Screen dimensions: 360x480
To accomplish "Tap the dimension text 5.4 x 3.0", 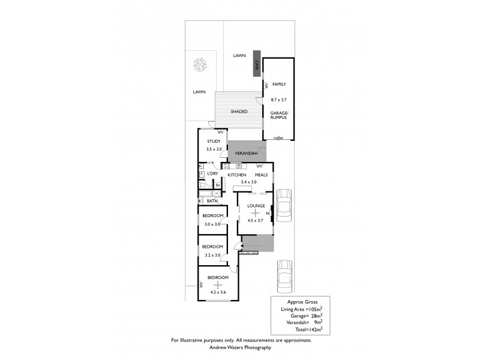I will tap(248, 181).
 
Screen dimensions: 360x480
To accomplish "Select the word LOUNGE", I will tap(256, 206).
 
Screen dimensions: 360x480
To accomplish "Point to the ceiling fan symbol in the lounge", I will tap(256, 213).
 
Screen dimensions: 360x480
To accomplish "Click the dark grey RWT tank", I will tap(257, 64).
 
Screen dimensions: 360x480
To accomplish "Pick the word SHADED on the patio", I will tap(239, 112).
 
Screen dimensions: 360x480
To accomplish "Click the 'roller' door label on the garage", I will tap(278, 137).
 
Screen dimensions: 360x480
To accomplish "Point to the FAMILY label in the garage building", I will tap(279, 85).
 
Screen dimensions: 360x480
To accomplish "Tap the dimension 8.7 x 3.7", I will tap(279, 100).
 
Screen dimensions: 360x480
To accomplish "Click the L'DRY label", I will tap(212, 174).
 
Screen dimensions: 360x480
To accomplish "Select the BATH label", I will tap(212, 201).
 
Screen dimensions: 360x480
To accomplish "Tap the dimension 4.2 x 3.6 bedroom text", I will tap(218, 293).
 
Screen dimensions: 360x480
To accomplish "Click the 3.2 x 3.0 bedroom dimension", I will tap(212, 255).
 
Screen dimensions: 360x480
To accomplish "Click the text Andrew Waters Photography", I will tap(241, 347).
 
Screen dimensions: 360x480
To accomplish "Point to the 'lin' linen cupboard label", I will tap(217, 185).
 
